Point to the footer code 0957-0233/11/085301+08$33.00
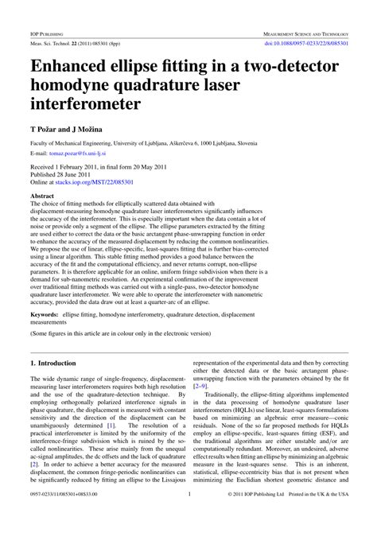click(x=68, y=516)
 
